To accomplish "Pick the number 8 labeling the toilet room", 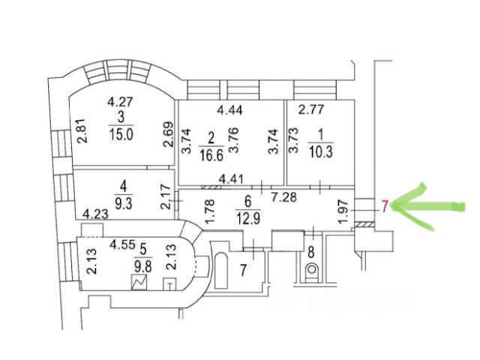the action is pyautogui.click(x=310, y=252).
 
